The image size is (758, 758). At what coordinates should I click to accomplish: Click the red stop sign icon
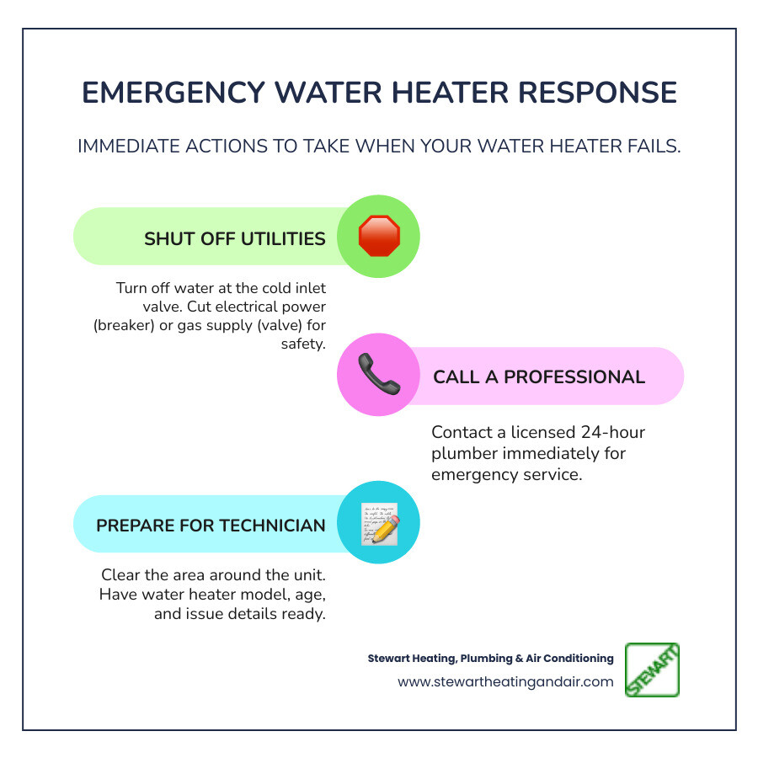(x=378, y=237)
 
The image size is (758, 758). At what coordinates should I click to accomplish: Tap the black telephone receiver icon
(x=378, y=376)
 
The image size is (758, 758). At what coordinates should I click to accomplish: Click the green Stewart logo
(x=652, y=670)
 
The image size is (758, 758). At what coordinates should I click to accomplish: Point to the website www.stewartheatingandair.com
(x=505, y=682)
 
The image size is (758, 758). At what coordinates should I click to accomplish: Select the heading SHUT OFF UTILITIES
(x=234, y=238)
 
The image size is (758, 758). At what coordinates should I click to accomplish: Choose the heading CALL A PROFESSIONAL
(x=539, y=376)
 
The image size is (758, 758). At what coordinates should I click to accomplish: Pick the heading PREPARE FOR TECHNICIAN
(x=211, y=526)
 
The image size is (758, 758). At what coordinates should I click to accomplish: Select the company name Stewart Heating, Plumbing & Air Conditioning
(x=490, y=659)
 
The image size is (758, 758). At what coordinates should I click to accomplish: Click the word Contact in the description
(x=462, y=432)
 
